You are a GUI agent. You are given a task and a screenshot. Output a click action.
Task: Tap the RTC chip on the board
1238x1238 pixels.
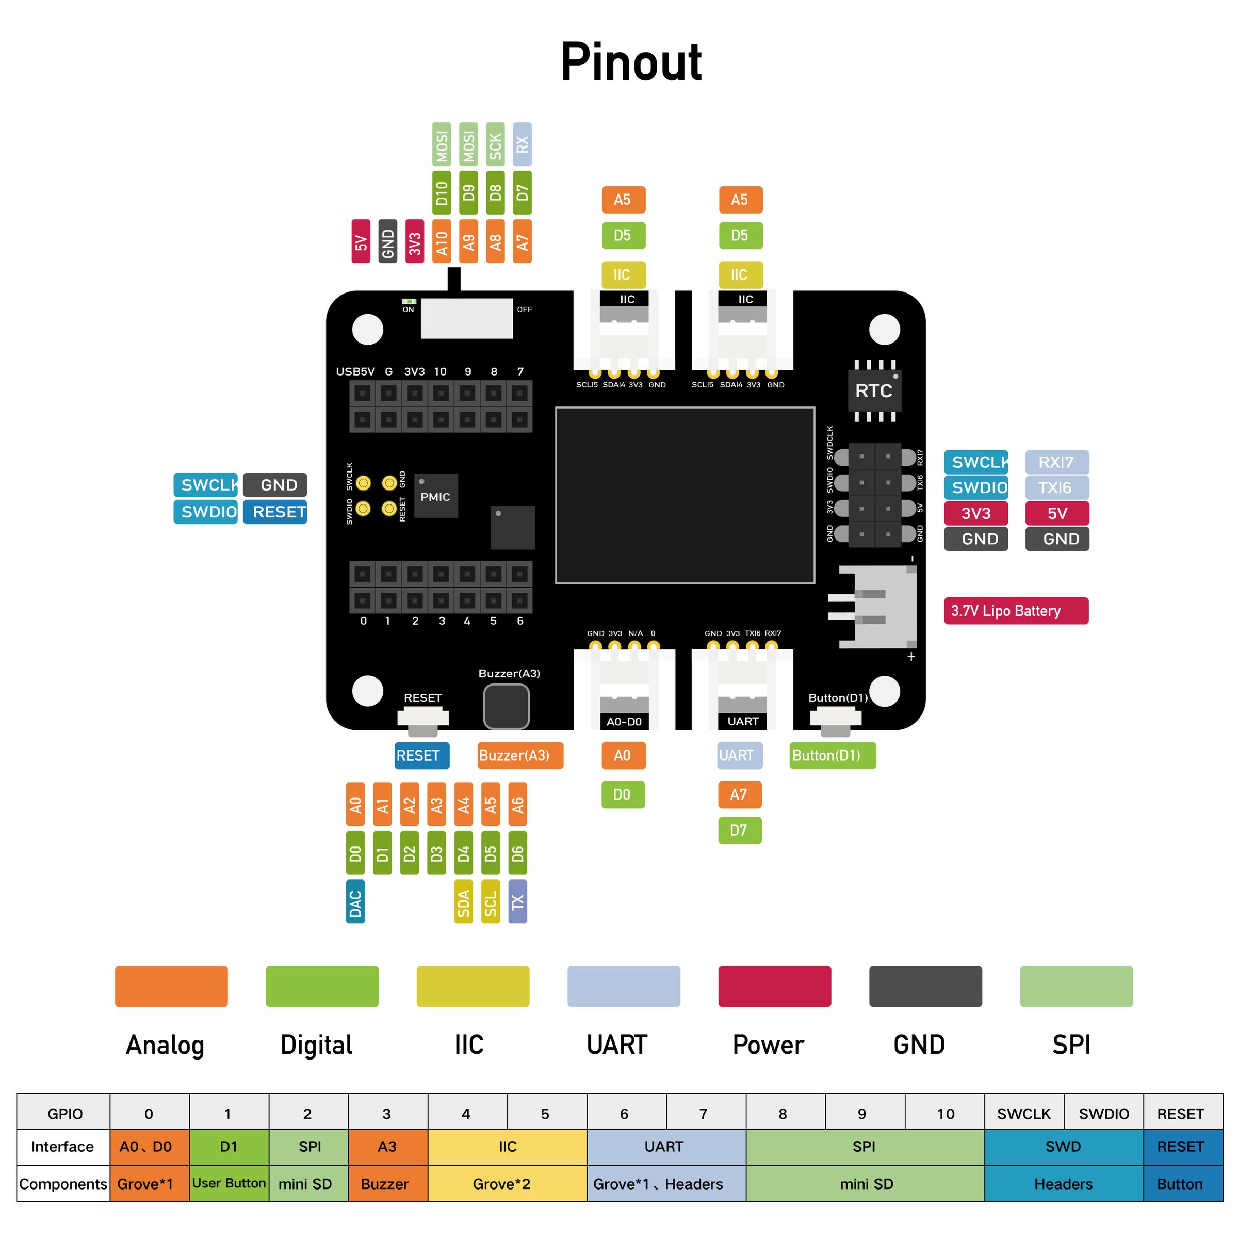873,390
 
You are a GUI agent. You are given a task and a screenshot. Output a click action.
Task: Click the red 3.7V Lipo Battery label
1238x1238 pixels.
1016,610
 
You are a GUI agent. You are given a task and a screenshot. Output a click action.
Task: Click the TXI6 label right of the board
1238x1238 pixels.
1056,487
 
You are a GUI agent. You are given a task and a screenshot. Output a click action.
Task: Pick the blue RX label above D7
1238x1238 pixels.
522,144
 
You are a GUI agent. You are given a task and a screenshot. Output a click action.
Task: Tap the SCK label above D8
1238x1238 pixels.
495,144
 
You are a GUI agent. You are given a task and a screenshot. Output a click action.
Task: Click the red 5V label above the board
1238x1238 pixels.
361,241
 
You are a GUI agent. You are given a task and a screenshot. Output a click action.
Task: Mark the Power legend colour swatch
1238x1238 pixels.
774,986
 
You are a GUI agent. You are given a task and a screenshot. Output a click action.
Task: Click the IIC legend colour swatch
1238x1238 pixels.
473,986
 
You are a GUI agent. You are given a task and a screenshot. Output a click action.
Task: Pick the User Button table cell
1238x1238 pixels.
229,1183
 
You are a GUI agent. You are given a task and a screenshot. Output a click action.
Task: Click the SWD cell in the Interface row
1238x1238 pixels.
1063,1146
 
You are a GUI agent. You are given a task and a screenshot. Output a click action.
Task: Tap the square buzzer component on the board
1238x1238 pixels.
506,706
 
